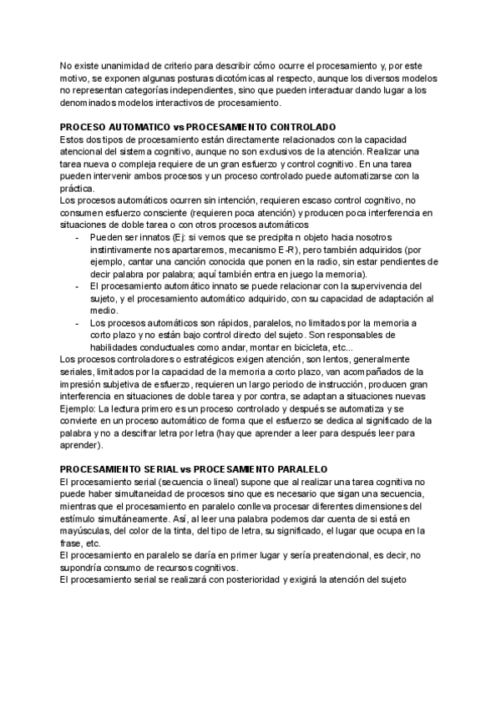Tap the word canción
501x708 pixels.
pyautogui.click(x=180, y=261)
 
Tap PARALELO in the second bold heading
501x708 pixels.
pyautogui.click(x=295, y=469)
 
